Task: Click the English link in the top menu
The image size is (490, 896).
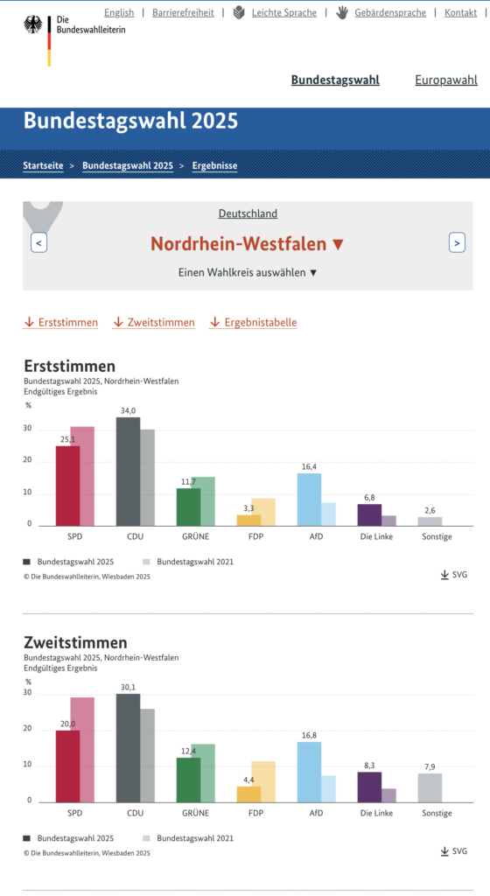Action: pyautogui.click(x=119, y=12)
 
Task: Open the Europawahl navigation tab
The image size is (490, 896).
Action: pyautogui.click(x=446, y=80)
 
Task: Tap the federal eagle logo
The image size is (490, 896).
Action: pyautogui.click(x=33, y=24)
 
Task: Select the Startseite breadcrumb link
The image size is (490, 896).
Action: pyautogui.click(x=43, y=165)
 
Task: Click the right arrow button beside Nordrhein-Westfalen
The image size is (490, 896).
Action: pyautogui.click(x=457, y=243)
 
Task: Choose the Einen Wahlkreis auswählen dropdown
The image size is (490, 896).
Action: pyautogui.click(x=248, y=273)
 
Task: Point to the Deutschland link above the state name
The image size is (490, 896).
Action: pyautogui.click(x=248, y=213)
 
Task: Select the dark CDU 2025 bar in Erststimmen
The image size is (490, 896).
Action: pyautogui.click(x=128, y=472)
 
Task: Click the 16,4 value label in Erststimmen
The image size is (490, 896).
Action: pyautogui.click(x=309, y=467)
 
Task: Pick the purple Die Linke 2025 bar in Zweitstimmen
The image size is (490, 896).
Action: pyautogui.click(x=369, y=787)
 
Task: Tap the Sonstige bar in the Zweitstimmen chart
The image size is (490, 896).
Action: pyautogui.click(x=430, y=788)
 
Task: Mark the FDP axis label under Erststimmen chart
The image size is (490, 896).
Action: pyautogui.click(x=255, y=536)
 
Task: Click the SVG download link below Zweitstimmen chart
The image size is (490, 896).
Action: pyautogui.click(x=454, y=851)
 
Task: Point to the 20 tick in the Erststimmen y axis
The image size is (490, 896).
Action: pyautogui.click(x=27, y=460)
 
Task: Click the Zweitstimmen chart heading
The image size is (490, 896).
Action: pyautogui.click(x=75, y=642)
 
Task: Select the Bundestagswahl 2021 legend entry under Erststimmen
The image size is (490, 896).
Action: pyautogui.click(x=188, y=562)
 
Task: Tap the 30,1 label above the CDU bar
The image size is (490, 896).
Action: pyautogui.click(x=128, y=688)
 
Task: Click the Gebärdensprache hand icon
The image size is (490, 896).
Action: pyautogui.click(x=341, y=12)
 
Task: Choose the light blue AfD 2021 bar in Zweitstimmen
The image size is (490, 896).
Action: pyautogui.click(x=328, y=788)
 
